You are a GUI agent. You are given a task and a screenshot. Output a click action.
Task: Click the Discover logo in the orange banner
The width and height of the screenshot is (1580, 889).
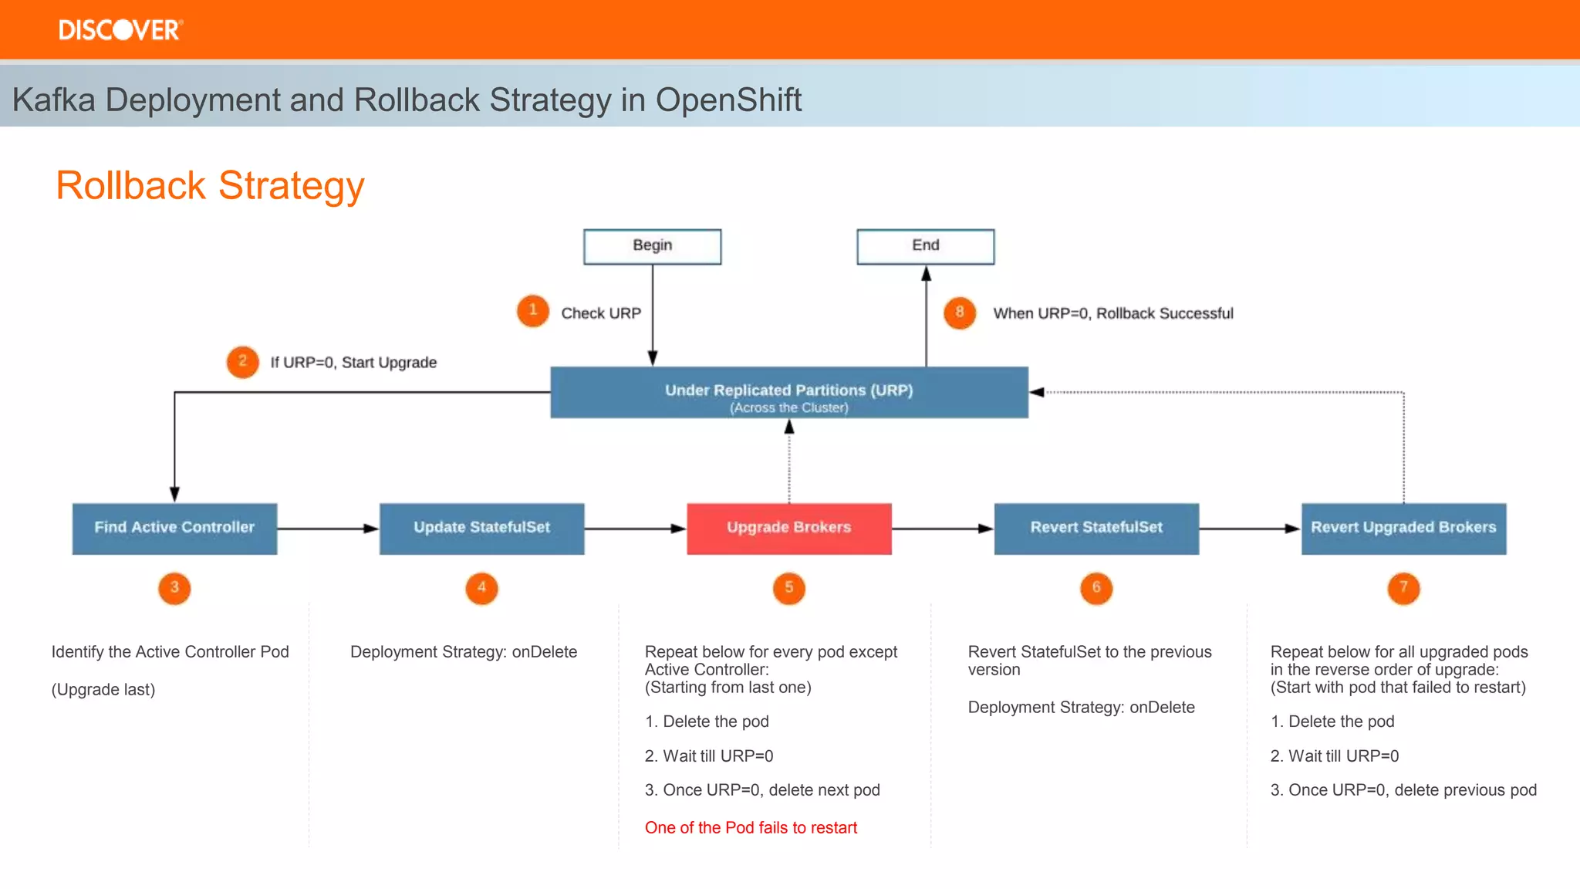point(120,30)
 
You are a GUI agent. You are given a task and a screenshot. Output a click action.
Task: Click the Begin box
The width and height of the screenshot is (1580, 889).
point(652,246)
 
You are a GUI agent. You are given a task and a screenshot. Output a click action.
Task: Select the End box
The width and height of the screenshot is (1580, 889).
point(925,246)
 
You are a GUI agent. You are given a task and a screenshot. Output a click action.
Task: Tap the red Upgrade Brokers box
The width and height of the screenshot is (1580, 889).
point(788,529)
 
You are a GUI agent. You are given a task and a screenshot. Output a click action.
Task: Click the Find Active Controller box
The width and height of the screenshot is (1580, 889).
point(174,529)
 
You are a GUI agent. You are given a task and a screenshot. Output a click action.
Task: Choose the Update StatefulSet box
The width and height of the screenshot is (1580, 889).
point(481,529)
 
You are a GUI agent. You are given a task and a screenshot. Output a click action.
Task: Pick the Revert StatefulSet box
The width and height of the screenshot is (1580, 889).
point(1096,529)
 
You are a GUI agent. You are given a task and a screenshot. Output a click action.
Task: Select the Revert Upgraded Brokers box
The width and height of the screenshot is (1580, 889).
point(1403,529)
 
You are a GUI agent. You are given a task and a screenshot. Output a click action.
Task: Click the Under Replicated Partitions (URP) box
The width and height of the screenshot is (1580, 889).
point(788,393)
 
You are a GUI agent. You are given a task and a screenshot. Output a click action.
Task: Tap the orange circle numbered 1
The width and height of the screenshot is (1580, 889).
point(532,311)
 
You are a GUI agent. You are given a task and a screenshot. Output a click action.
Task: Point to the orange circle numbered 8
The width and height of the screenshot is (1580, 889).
point(960,313)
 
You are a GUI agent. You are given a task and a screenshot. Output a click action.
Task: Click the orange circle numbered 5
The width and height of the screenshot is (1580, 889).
point(788,588)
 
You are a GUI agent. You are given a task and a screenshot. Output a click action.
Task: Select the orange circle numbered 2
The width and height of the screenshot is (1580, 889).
point(242,362)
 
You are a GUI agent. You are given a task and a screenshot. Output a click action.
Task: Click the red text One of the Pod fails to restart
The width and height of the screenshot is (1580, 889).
point(751,828)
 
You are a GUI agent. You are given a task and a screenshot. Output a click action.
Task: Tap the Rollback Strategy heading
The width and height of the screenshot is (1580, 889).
point(210,186)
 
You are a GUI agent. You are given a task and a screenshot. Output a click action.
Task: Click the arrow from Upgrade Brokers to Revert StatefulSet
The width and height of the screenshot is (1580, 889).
point(942,529)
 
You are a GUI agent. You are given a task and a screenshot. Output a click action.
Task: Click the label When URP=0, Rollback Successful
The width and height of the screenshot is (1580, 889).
point(1112,313)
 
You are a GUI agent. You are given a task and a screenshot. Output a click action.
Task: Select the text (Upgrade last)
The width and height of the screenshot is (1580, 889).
point(103,690)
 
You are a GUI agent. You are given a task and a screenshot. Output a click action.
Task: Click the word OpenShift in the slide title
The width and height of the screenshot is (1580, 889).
point(728,100)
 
